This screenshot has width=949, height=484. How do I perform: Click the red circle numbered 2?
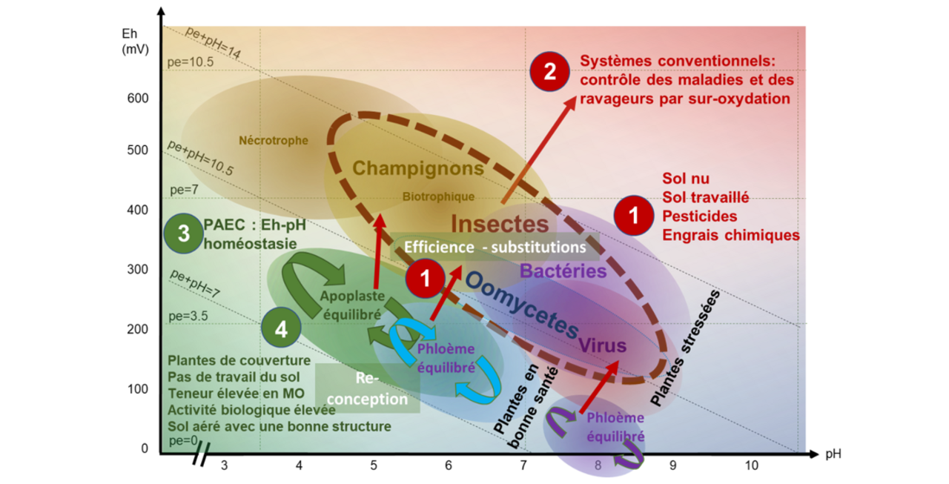549,72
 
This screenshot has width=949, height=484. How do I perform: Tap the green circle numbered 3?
184,233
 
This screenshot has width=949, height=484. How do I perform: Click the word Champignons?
418,168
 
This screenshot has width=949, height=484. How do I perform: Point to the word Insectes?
500,223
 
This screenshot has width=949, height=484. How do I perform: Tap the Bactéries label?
563,271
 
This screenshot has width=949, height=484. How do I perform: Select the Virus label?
602,345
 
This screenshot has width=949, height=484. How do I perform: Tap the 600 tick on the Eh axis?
138,99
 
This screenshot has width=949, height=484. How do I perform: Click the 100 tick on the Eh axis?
138,389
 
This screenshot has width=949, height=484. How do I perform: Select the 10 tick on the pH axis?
751,465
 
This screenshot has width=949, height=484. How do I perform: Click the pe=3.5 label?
189,316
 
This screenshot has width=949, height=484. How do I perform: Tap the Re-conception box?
368,388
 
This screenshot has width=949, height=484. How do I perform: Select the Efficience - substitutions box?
495,247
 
